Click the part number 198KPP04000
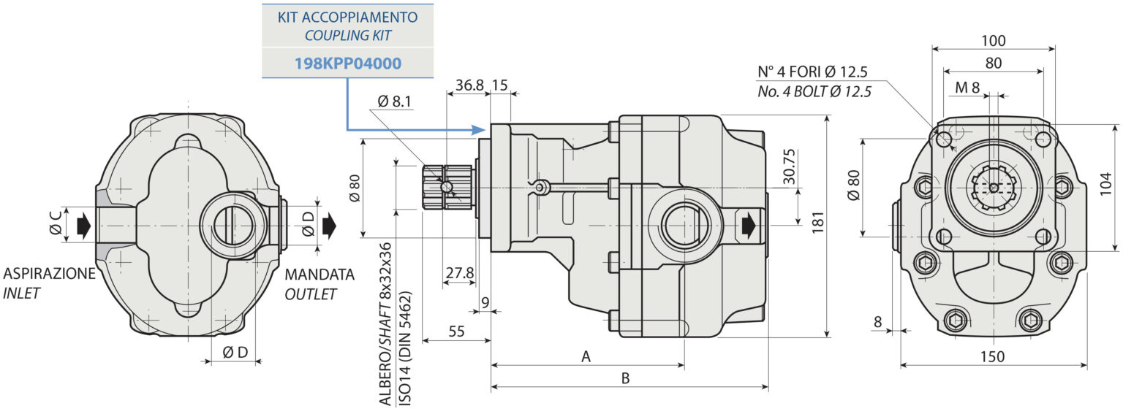347,64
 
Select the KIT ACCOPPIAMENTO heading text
347,16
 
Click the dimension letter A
585,356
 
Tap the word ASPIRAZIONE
49,274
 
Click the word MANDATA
319,275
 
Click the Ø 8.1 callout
394,101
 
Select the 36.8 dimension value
469,85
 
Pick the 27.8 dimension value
459,272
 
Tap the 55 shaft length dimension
456,331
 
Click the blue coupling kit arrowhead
480,130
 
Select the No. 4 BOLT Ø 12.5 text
814,91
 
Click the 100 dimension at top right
993,41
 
